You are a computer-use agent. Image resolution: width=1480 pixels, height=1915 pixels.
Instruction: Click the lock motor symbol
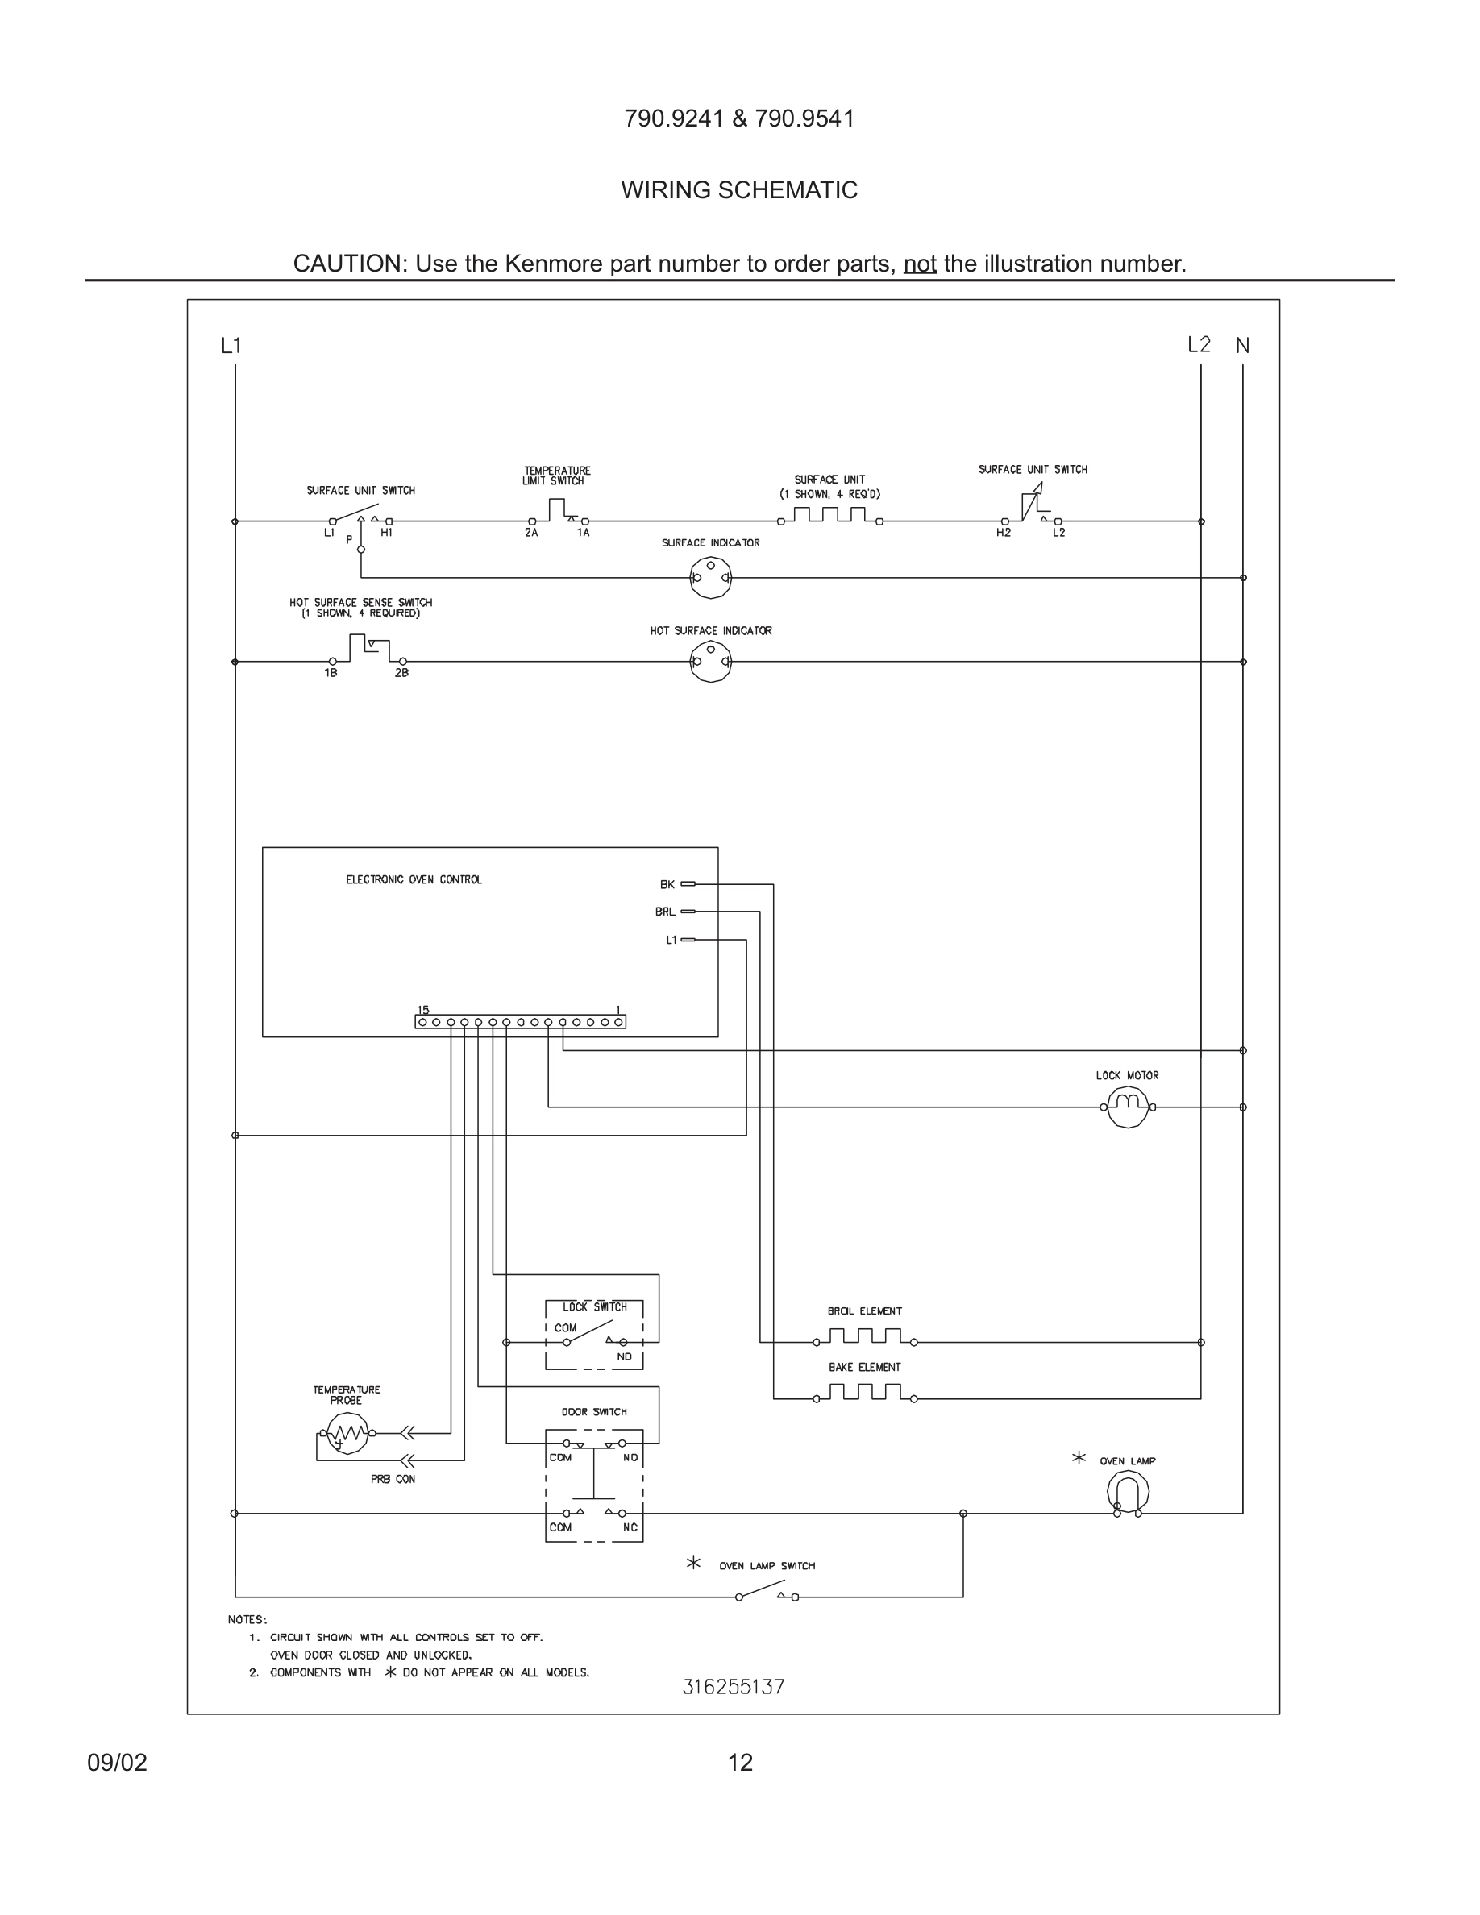[1128, 1107]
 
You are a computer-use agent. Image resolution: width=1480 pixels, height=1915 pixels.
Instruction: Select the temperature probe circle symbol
[347, 1434]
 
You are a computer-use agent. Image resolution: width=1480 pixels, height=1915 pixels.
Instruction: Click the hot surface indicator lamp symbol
[710, 662]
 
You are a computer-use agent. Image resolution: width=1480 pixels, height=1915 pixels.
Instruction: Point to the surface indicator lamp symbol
[710, 578]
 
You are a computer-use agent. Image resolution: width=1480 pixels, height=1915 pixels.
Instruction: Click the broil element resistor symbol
[864, 1337]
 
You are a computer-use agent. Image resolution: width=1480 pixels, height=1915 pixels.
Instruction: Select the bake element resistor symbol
[864, 1394]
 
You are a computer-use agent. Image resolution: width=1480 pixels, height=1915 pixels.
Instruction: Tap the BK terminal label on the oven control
[667, 885]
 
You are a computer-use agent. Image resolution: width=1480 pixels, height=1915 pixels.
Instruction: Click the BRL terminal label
[664, 912]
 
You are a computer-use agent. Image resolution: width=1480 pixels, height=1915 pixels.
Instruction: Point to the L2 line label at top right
[1199, 345]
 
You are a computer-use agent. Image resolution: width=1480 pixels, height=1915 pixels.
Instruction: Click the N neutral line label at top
[1242, 346]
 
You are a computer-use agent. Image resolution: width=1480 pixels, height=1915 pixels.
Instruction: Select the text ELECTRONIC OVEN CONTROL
[414, 879]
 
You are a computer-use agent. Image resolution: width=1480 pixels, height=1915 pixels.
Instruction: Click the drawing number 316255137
[733, 1687]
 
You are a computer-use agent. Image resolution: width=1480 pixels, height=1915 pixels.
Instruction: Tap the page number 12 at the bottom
[740, 1763]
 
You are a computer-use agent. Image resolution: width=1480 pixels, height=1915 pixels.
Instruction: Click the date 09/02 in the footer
[118, 1763]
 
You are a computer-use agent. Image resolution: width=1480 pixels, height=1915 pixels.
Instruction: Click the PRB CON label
[393, 1479]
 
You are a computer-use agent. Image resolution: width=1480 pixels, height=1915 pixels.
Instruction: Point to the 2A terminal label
[531, 533]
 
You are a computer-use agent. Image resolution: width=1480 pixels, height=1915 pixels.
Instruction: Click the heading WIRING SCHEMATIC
[739, 190]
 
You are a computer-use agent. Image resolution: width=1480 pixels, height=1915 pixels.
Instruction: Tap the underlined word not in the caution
[920, 264]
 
